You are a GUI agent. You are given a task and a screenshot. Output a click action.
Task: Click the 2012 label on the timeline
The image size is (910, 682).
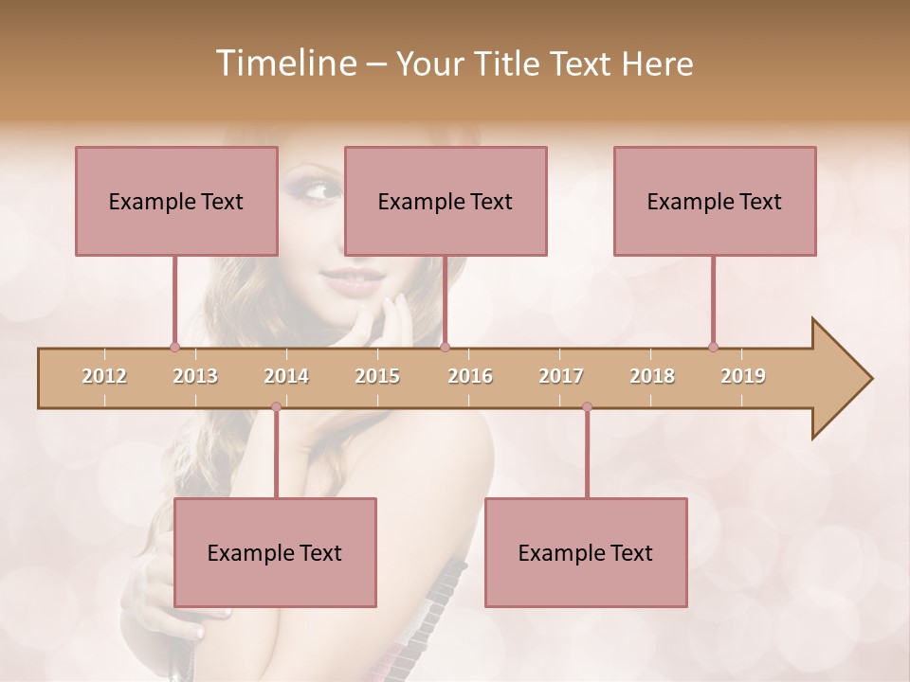(104, 376)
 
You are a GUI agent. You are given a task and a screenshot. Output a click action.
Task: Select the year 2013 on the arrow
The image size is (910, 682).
(195, 376)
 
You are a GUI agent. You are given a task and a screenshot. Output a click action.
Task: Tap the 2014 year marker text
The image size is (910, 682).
(286, 376)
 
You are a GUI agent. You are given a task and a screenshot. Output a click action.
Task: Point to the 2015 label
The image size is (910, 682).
(377, 376)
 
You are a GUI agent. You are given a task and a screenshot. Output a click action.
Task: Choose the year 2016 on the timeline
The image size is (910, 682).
(470, 376)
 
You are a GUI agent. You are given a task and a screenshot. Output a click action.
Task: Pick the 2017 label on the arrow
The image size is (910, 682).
(561, 376)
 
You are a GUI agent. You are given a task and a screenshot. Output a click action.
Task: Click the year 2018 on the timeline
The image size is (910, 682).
(652, 376)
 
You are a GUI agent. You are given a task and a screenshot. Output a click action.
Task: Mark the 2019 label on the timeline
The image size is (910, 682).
(743, 376)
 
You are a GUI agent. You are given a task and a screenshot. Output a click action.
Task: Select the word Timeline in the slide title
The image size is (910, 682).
(284, 63)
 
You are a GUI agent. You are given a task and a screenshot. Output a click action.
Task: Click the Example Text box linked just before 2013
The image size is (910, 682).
(176, 201)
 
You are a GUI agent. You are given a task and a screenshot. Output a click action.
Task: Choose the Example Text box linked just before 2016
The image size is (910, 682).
(446, 201)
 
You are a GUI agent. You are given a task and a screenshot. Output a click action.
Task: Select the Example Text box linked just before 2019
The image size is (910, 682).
(715, 201)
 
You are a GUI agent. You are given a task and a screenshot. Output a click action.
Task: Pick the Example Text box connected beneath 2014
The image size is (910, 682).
(275, 552)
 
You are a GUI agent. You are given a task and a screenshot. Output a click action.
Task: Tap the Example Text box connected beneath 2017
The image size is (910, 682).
(586, 552)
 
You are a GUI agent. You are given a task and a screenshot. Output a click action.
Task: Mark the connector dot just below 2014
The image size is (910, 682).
(276, 406)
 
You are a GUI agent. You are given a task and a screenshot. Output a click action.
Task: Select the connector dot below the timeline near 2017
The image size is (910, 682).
(587, 406)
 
